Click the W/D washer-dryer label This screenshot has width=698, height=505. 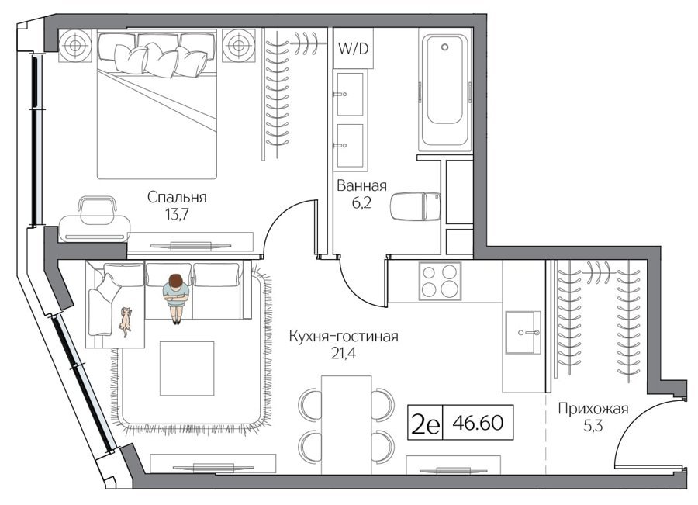tap(354, 48)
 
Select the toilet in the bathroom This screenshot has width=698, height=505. tap(415, 206)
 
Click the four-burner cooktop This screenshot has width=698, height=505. tap(440, 281)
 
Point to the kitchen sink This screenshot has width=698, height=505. tap(523, 332)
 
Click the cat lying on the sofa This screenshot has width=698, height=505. tap(126, 320)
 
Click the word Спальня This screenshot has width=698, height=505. tap(177, 197)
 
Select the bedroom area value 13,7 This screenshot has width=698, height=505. tap(177, 215)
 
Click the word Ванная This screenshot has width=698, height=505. tap(361, 185)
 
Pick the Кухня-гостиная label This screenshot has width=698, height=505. tap(344, 336)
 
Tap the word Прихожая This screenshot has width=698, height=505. tap(593, 408)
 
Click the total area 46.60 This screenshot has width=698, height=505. tap(478, 422)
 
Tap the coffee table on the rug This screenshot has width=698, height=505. tap(187, 368)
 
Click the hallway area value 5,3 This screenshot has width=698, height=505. tap(593, 426)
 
